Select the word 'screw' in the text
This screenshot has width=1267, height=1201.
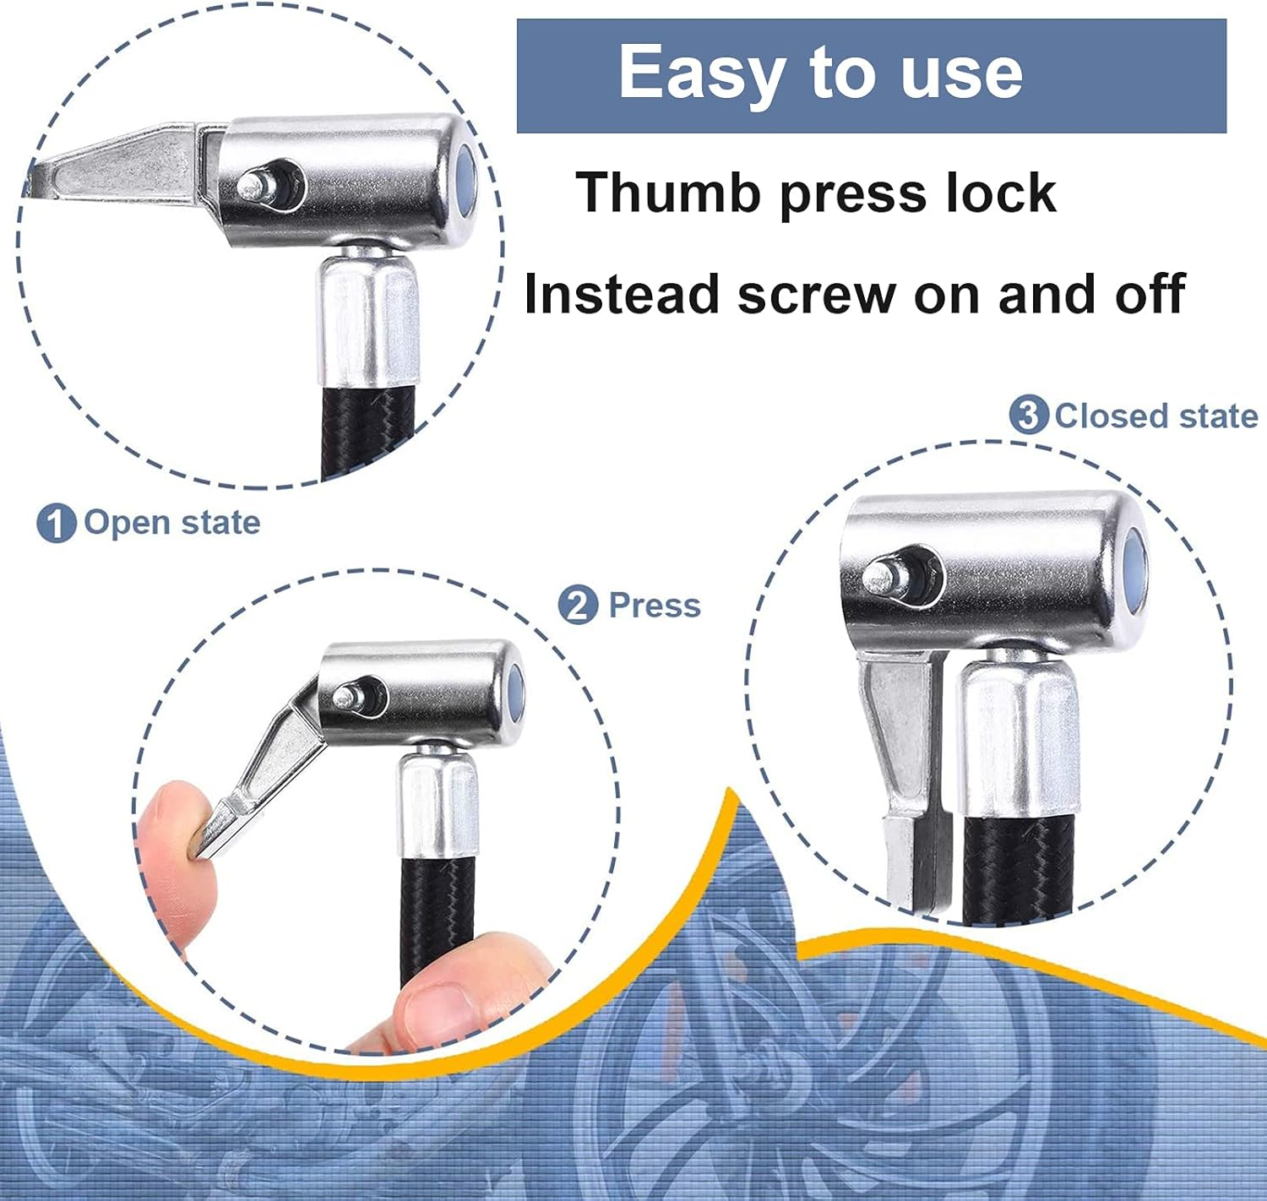[x=816, y=295]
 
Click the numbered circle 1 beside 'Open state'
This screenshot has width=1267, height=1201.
[x=56, y=524]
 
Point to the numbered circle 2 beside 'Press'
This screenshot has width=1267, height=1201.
[x=579, y=606]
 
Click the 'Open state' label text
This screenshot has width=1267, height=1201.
[x=171, y=523]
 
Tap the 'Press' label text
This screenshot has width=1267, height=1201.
[x=655, y=606]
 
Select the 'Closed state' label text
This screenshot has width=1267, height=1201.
[x=1156, y=416]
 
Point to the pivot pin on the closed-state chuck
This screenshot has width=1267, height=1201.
[x=881, y=578]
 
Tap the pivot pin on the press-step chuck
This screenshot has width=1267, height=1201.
[x=346, y=697]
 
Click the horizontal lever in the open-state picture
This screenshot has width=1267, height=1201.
[x=118, y=169]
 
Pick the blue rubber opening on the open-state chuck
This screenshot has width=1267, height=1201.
[x=465, y=182]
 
